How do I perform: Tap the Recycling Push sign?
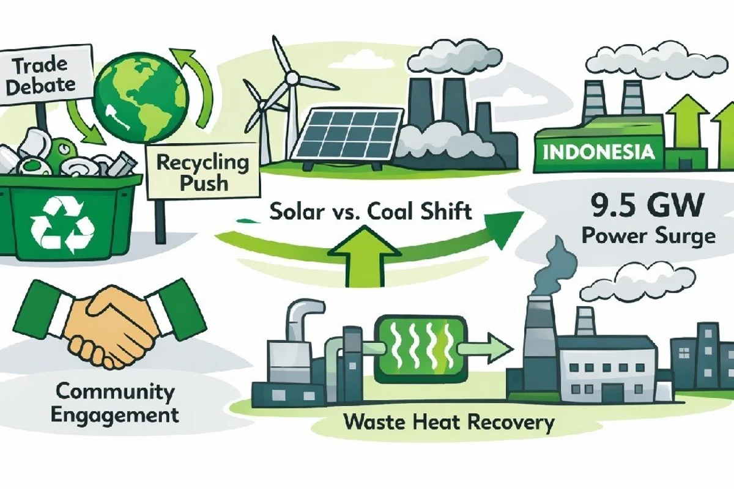(202, 172)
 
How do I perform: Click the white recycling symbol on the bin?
(62, 226)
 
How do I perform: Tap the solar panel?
(347, 138)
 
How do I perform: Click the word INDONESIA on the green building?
(598, 153)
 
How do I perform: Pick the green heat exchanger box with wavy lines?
(420, 354)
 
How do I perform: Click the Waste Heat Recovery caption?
(449, 422)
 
